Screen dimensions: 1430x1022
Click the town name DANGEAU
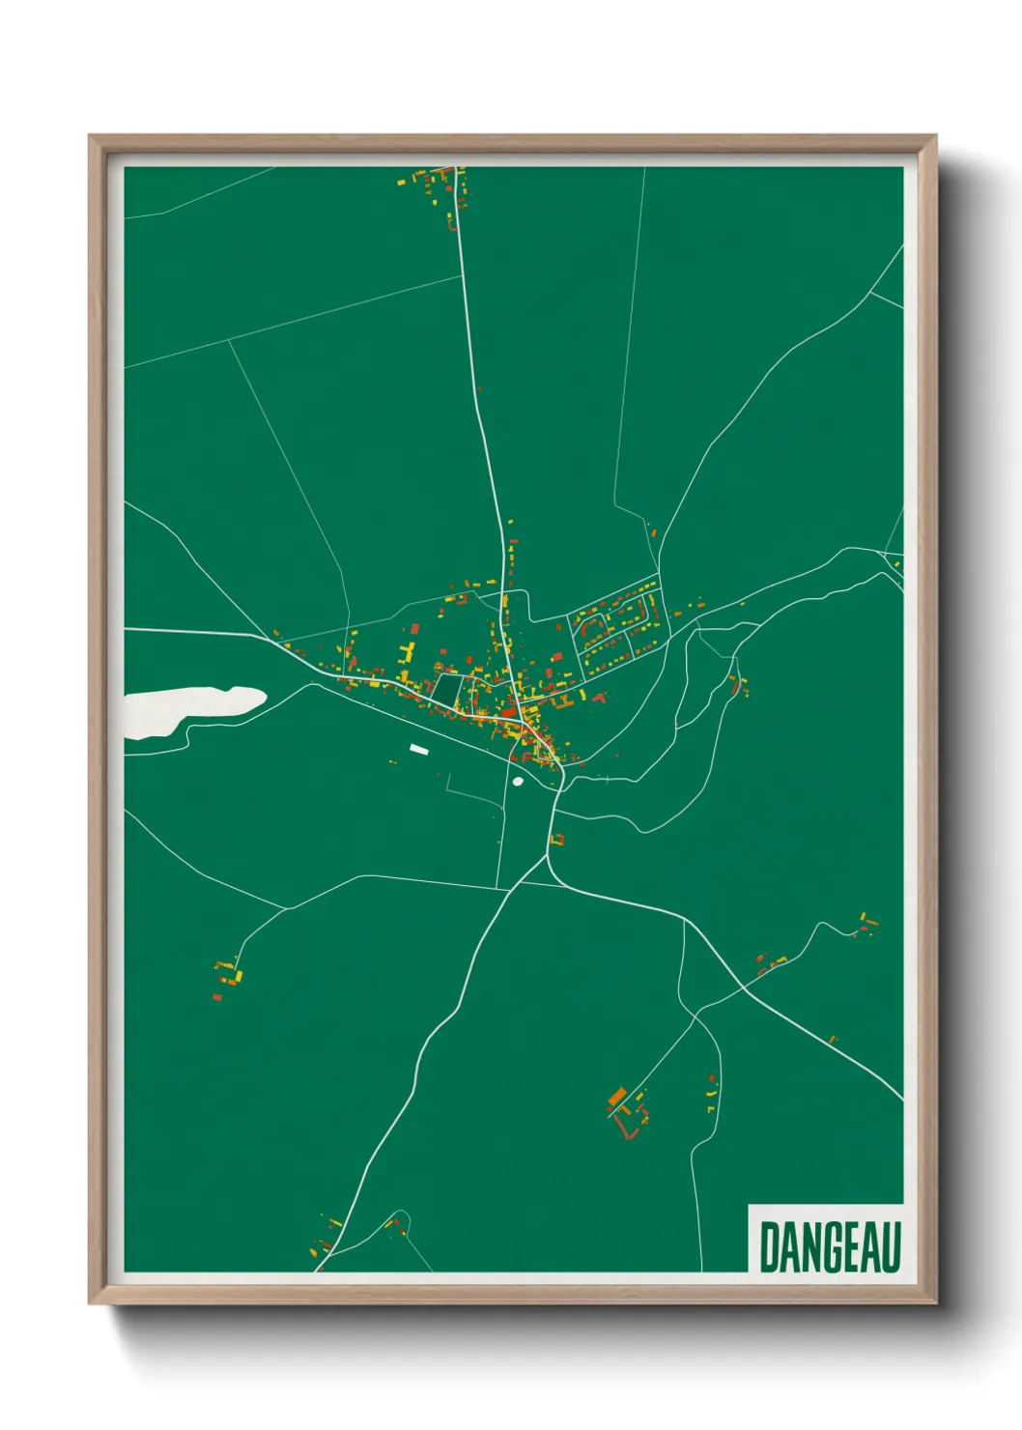point(829,1247)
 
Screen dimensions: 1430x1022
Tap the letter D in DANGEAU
point(770,1247)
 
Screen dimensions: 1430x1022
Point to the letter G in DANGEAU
point(829,1247)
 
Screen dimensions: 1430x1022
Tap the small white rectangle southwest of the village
point(418,748)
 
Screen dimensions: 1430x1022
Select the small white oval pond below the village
point(519,782)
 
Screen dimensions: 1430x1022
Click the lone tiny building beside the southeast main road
point(833,1040)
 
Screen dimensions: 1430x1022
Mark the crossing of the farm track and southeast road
point(696,1014)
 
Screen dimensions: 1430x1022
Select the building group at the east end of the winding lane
point(868,924)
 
